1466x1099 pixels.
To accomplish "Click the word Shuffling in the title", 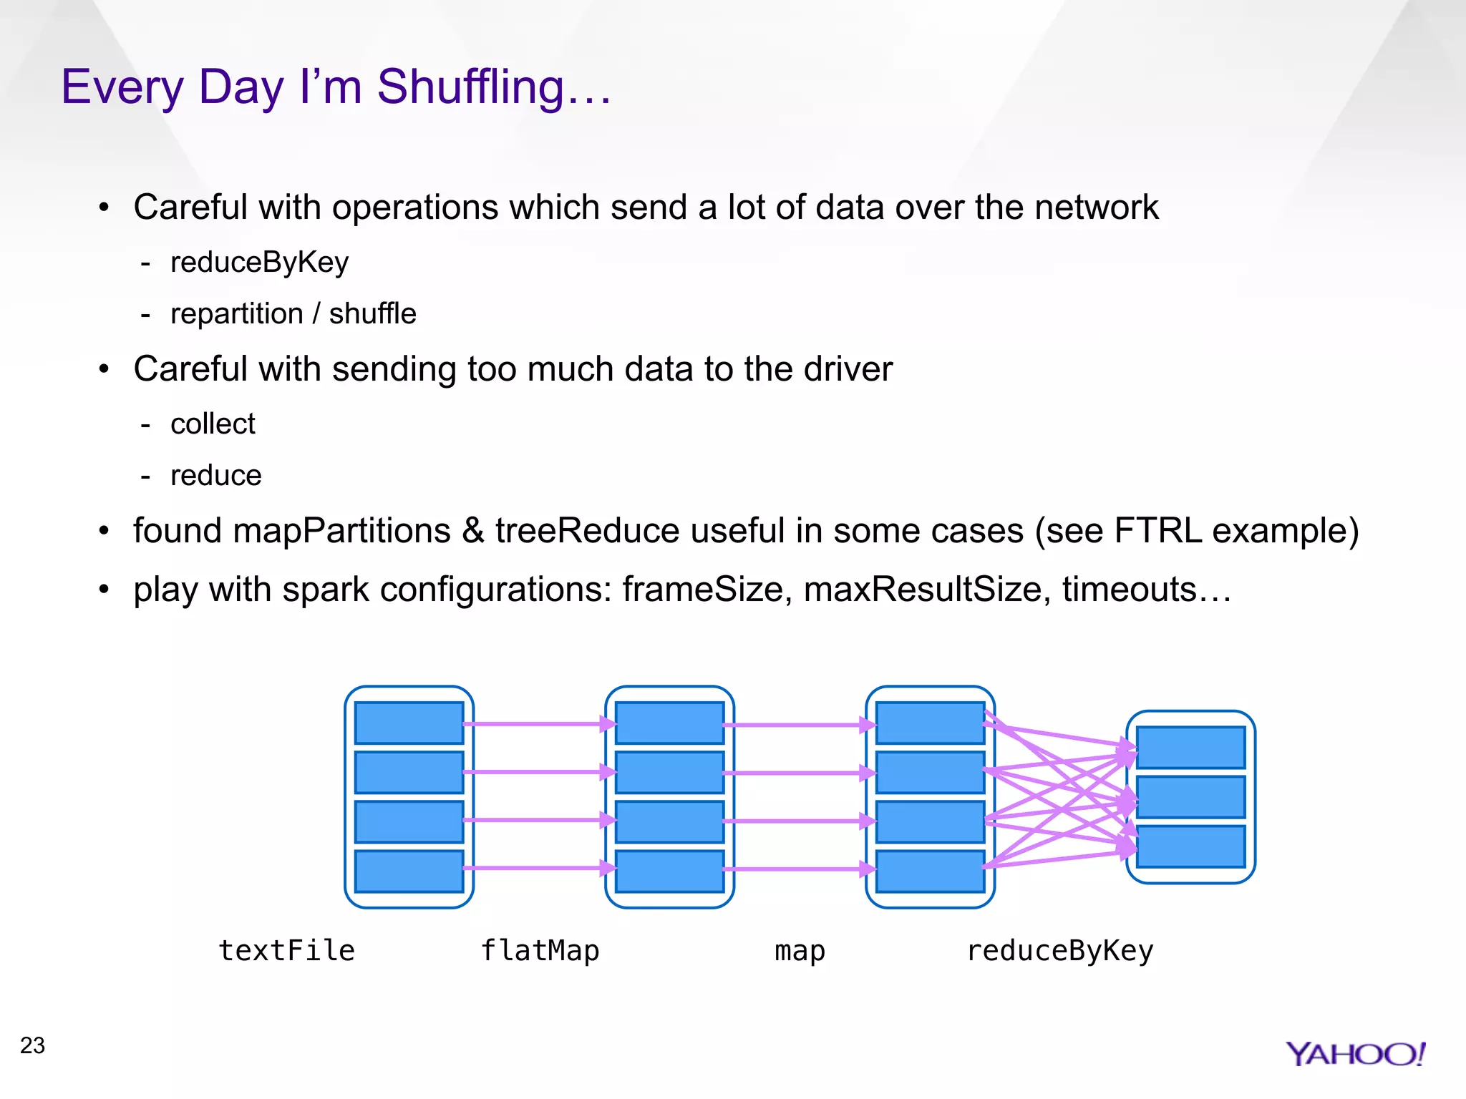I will coord(471,87).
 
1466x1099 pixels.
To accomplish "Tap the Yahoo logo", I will coord(1354,1054).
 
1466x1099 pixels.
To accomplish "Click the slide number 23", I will coord(33,1045).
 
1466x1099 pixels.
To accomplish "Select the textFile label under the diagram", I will coord(286,951).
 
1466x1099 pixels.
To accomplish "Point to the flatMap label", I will coord(540,951).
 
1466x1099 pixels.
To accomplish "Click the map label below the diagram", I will coord(800,951).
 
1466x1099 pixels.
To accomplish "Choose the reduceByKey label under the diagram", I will coord(1060,951).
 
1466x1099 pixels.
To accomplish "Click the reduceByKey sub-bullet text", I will coord(259,263).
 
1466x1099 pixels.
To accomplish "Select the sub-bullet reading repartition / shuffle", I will coord(293,314).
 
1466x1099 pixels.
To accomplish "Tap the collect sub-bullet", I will coord(213,424).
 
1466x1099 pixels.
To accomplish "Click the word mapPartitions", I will coord(341,531).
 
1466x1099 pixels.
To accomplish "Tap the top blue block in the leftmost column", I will coord(409,723).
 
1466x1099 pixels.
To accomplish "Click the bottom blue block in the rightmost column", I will coord(1190,846).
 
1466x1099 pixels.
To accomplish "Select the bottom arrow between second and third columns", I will coord(799,869).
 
